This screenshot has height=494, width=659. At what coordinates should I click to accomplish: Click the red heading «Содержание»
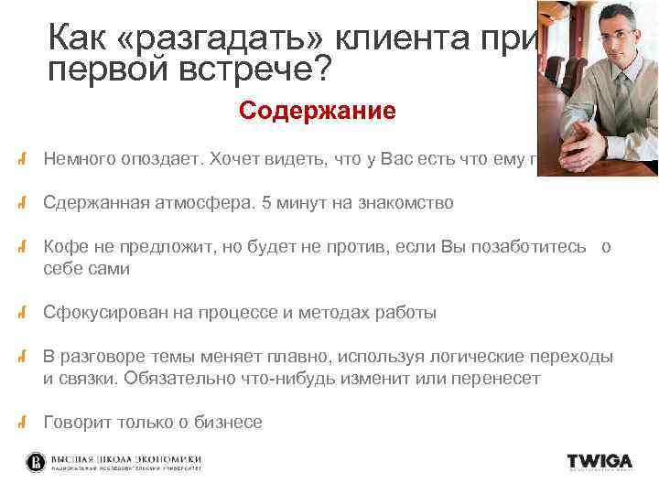tap(317, 112)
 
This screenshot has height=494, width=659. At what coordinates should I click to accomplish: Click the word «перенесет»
tap(501, 377)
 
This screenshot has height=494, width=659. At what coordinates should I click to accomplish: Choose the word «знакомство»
tap(404, 203)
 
